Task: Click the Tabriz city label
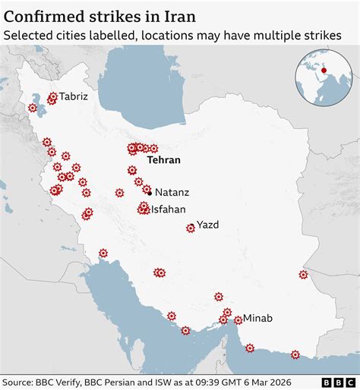point(74,96)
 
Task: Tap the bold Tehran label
point(163,160)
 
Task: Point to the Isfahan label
point(168,209)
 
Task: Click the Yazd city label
point(207,225)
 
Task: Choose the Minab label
point(257,318)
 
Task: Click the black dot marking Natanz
point(149,193)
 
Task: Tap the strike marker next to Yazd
point(191,228)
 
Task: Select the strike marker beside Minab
point(238,320)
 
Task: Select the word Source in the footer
point(19,382)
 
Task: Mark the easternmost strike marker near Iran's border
point(303,275)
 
